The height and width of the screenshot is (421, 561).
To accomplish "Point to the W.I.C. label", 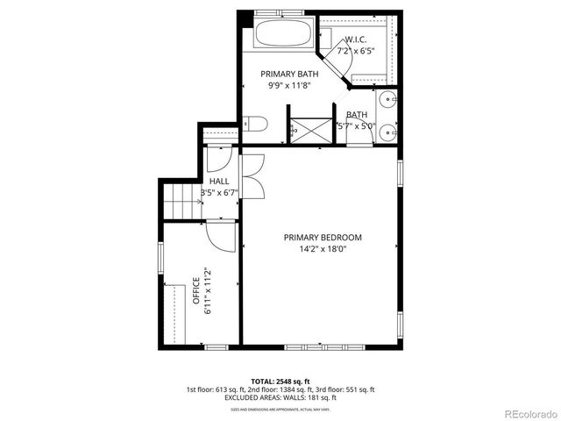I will tap(355, 39).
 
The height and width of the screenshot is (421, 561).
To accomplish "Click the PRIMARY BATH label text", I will tap(288, 75).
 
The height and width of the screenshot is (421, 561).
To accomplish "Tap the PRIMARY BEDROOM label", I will tap(323, 238).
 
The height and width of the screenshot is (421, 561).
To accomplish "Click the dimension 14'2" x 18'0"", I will tap(323, 249).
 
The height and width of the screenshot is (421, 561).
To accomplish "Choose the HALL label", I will tap(219, 181).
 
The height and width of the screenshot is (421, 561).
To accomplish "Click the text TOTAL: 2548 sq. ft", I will tap(280, 382).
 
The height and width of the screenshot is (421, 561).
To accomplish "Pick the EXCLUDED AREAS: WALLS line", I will tap(280, 398).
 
